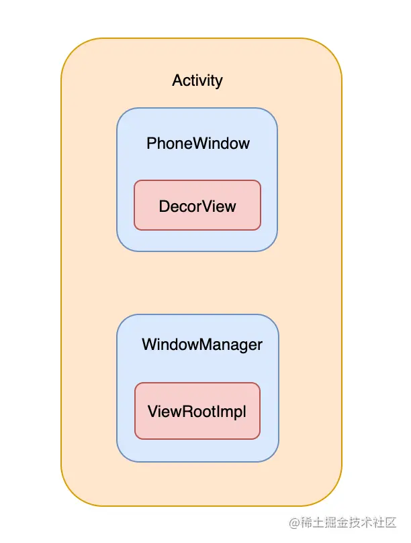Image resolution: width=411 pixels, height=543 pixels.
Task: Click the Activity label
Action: coord(197,80)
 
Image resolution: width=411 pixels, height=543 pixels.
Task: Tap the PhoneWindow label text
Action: coord(197,143)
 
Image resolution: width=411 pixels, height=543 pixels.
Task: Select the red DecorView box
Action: coord(197,205)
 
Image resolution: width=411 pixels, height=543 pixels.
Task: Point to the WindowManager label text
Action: coord(202,345)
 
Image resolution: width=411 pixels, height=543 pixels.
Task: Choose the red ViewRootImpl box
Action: coord(197,411)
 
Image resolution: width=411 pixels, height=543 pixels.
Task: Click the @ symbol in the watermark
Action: coord(294,523)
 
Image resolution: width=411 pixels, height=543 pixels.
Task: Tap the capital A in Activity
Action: coord(177,80)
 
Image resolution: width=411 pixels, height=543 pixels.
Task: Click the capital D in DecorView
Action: coord(165,206)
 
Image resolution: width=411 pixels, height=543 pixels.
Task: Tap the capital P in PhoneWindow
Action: coord(151,143)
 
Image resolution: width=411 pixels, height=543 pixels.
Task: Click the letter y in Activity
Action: coord(218,82)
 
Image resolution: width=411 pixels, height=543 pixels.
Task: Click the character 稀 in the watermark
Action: coord(306,523)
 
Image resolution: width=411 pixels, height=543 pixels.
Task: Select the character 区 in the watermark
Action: coord(390,523)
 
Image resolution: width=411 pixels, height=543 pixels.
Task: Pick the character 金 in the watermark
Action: coord(342,523)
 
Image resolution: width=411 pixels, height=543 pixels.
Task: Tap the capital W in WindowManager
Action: coord(150,344)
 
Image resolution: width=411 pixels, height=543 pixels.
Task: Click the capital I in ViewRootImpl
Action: coord(218,412)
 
